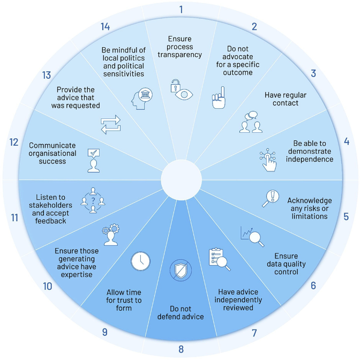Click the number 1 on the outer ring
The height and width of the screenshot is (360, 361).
[x=181, y=9]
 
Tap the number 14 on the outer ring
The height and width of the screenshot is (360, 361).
[x=106, y=27]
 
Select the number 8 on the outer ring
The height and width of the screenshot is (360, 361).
[x=181, y=349]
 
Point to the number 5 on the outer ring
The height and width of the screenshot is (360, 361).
[x=346, y=216]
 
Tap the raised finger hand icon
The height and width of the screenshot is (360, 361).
[x=218, y=99]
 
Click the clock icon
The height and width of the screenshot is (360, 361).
[x=140, y=261]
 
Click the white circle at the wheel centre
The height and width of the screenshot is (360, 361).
[x=181, y=181]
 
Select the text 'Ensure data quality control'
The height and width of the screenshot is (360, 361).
[x=282, y=264]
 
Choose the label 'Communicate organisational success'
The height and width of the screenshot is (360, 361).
[x=52, y=153]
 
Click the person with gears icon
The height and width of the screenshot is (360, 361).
[x=110, y=235]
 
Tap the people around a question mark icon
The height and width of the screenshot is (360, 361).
[x=93, y=199]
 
